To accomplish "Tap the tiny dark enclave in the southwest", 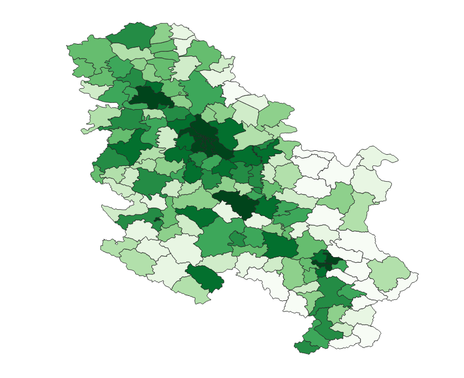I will pos(157,219).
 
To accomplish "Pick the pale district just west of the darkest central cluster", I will pos(167,137).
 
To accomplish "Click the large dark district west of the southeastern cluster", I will pos(279,245).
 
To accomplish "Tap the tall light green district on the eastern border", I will pos(356,211).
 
